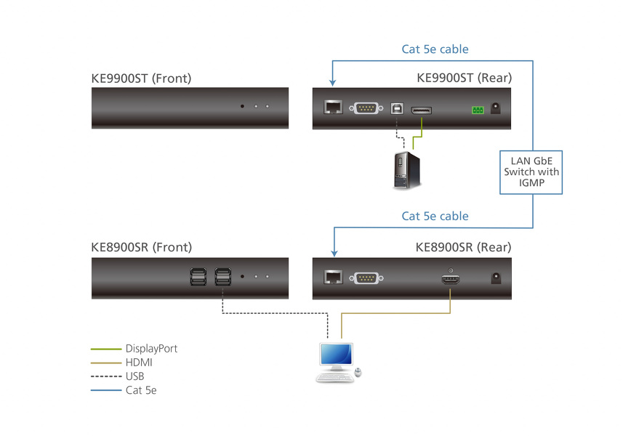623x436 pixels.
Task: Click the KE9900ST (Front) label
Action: tap(142, 78)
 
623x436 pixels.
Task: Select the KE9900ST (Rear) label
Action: tap(463, 78)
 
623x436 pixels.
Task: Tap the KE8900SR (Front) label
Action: tap(142, 247)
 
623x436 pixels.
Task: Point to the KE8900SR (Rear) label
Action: tap(463, 247)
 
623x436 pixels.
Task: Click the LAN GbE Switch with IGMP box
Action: tap(532, 172)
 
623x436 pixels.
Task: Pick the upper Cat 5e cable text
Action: tap(435, 49)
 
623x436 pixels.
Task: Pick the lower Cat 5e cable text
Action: tap(435, 216)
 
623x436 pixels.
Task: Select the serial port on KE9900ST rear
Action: tap(365, 109)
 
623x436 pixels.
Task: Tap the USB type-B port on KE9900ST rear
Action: tap(396, 109)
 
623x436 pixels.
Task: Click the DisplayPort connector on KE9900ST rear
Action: tap(422, 110)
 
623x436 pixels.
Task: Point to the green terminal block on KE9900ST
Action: tap(477, 110)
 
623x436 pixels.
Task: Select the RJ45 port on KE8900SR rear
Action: tap(333, 278)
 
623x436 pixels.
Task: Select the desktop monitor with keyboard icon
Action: tap(338, 362)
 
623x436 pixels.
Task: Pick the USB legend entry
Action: tap(135, 376)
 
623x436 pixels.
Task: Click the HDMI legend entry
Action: tap(139, 363)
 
